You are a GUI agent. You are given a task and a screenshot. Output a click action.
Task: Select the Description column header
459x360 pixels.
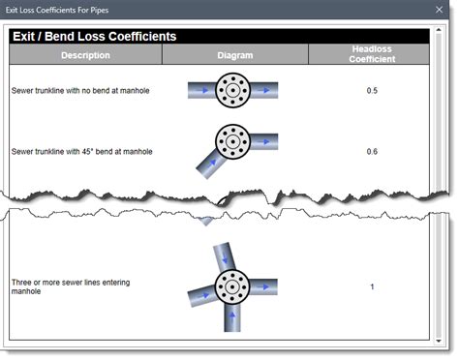click(x=85, y=55)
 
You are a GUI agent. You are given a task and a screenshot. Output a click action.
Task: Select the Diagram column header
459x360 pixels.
click(x=234, y=55)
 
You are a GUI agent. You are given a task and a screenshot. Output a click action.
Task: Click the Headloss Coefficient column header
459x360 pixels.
click(x=372, y=54)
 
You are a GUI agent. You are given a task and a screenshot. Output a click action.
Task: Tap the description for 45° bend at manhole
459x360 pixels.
click(x=81, y=151)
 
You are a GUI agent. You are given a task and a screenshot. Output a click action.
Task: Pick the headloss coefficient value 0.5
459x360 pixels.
click(x=372, y=91)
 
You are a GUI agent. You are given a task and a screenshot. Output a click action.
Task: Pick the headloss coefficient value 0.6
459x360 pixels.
click(x=372, y=151)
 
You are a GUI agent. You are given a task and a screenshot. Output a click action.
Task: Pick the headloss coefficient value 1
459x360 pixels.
click(x=372, y=286)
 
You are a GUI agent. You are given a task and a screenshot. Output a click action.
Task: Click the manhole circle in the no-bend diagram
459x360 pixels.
click(x=233, y=91)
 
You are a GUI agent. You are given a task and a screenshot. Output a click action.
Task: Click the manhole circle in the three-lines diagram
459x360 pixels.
click(x=231, y=287)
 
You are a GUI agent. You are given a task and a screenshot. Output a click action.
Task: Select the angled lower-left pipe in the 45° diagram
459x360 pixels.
click(x=206, y=164)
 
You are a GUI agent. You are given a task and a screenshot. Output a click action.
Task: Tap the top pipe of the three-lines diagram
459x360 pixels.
click(x=224, y=256)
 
